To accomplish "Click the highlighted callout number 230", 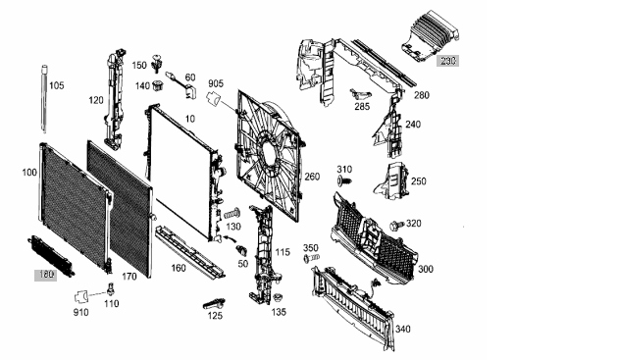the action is (x=447, y=61).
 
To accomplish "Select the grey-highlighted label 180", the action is (x=46, y=275).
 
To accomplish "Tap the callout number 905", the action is (x=216, y=83).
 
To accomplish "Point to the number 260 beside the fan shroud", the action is (x=312, y=177).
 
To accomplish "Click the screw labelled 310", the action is (x=343, y=181).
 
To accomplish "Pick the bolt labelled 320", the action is (x=396, y=226).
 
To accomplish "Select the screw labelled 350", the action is (x=311, y=258).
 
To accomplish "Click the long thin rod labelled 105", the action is (x=44, y=99).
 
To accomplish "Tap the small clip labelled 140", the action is (x=158, y=85).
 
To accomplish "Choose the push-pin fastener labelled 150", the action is (x=157, y=63).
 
